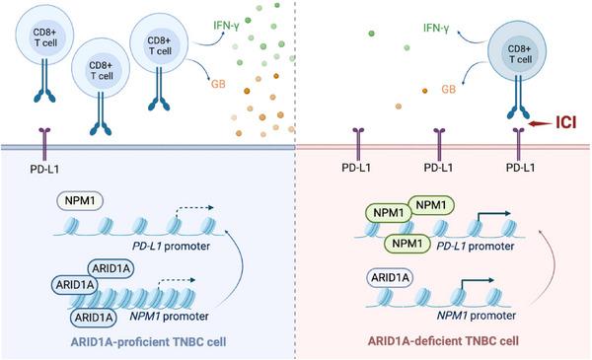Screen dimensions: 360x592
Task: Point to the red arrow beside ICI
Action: pyautogui.click(x=537, y=125)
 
